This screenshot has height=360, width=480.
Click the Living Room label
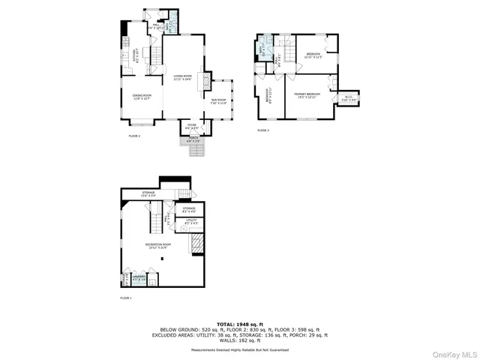point(182,76)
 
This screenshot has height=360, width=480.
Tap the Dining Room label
point(142,96)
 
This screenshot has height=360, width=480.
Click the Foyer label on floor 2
point(192,127)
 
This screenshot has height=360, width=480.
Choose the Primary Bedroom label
point(307,94)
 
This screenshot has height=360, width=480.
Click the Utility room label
point(190,222)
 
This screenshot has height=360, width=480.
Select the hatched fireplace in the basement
point(196,244)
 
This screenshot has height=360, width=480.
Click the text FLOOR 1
point(126,298)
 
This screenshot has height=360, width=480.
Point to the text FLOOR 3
point(262,130)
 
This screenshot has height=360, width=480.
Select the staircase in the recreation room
point(150,220)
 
